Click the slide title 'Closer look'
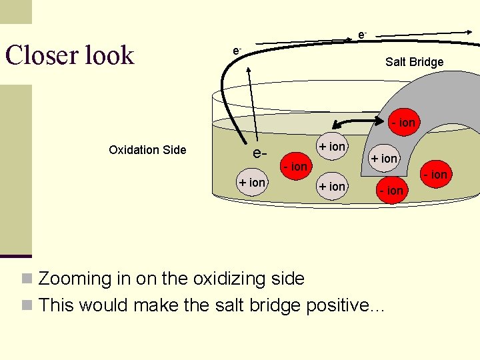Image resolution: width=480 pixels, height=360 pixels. click(69, 55)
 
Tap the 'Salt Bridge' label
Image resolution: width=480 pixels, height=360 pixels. click(414, 62)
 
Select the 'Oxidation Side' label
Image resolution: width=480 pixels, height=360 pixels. click(147, 150)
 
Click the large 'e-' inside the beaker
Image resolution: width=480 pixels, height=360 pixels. click(260, 154)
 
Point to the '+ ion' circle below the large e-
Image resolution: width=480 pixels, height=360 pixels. click(253, 182)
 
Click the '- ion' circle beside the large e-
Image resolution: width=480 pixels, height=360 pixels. click(294, 166)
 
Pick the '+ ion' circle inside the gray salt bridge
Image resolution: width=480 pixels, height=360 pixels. click(384, 158)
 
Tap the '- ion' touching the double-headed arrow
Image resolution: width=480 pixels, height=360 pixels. click(403, 123)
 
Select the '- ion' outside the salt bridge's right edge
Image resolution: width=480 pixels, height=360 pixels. click(437, 175)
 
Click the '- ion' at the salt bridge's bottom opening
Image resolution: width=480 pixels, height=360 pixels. click(391, 191)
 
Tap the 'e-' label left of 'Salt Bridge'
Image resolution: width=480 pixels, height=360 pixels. click(236, 51)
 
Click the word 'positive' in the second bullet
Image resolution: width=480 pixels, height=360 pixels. click(339, 305)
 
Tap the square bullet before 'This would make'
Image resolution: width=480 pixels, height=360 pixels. click(27, 305)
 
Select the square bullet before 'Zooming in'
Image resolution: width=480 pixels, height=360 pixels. click(27, 279)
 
